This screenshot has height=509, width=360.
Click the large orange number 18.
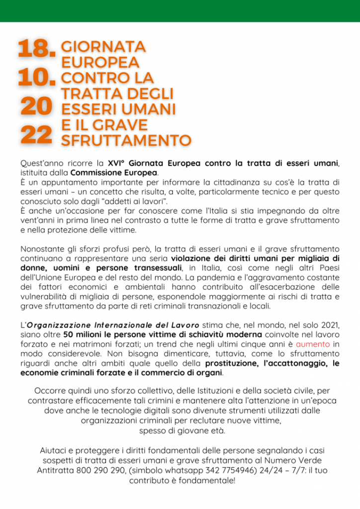36,49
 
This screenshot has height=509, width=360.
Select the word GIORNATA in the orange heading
103,47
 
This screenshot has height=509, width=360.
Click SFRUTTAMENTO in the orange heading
126,140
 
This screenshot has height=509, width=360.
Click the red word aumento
313,344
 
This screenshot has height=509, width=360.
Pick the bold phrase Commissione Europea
114,172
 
